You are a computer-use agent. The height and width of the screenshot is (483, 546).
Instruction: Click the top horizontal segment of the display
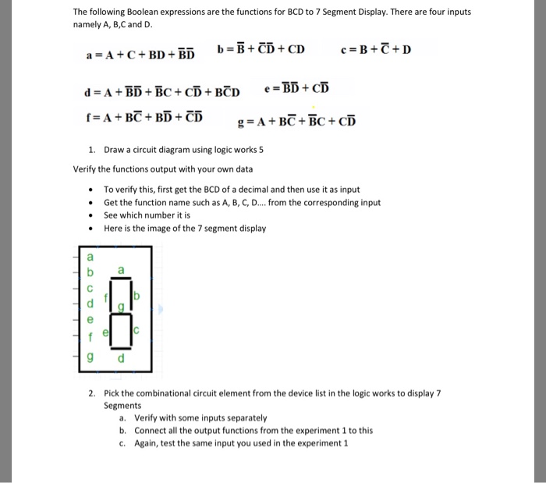pyautogui.click(x=121, y=277)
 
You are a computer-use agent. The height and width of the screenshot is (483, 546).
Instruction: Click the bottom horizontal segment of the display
pyautogui.click(x=121, y=349)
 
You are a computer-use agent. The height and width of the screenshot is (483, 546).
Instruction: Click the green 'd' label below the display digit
pyautogui.click(x=120, y=359)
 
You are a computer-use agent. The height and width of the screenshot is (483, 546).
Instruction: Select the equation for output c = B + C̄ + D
pyautogui.click(x=376, y=51)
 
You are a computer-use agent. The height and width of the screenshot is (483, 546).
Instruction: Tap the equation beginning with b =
pyautogui.click(x=261, y=51)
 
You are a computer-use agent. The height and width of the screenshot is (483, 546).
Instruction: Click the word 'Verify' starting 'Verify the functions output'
pyautogui.click(x=84, y=169)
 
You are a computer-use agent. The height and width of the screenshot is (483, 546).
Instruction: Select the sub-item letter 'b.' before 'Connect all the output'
pyautogui.click(x=122, y=430)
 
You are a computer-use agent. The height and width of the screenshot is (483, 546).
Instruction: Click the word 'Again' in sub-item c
pyautogui.click(x=147, y=442)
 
